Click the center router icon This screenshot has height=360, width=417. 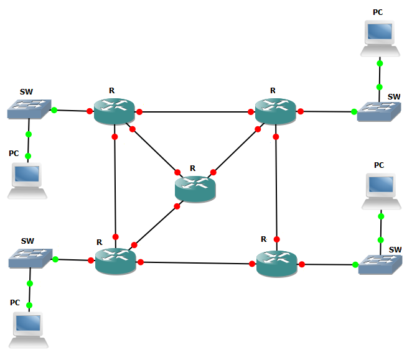(x=195, y=188)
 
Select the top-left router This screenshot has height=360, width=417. (x=115, y=111)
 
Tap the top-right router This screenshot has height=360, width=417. (x=275, y=111)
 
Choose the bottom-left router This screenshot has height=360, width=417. (x=116, y=261)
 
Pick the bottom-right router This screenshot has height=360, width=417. (x=276, y=264)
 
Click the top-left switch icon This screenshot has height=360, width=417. (x=29, y=109)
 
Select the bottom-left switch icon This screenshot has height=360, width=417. (x=30, y=259)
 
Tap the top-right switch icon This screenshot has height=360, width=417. (x=378, y=112)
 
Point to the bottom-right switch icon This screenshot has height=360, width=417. (x=380, y=265)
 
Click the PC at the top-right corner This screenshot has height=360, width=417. (x=379, y=38)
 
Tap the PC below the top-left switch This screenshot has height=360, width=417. (x=27, y=180)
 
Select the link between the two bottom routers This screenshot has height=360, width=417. (x=196, y=263)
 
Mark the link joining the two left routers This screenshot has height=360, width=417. (x=115, y=187)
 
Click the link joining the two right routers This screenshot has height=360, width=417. (x=276, y=187)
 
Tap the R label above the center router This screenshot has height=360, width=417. (x=193, y=168)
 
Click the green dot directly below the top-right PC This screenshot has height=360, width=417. (x=379, y=63)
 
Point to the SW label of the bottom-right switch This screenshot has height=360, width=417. (x=395, y=249)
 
